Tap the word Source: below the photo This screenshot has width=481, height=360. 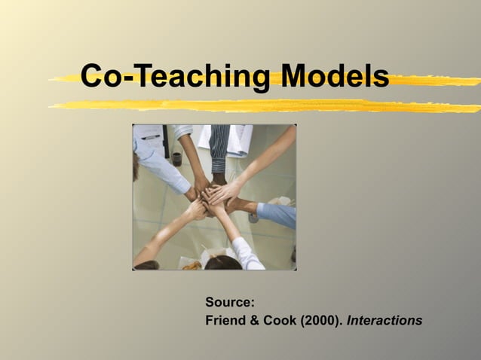(x=229, y=303)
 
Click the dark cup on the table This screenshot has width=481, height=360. (x=177, y=158)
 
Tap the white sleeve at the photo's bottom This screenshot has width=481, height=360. (x=247, y=252)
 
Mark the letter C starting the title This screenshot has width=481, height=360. (x=93, y=76)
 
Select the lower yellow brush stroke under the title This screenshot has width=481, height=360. (x=264, y=105)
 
